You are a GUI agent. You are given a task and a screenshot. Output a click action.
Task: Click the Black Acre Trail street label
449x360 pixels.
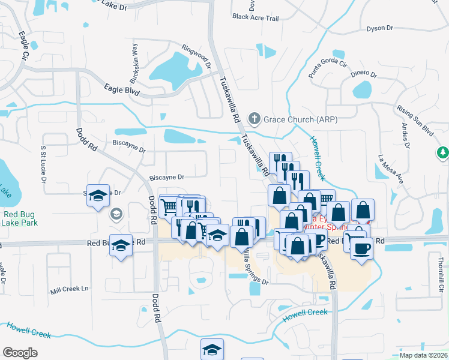(256, 18)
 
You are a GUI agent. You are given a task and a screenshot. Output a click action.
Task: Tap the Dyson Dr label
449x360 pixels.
(379, 28)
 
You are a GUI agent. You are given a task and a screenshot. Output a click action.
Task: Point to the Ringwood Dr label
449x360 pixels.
(197, 56)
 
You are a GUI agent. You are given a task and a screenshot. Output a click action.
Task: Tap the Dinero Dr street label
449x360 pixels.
(364, 74)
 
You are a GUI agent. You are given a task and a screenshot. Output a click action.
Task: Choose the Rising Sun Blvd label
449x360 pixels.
(415, 119)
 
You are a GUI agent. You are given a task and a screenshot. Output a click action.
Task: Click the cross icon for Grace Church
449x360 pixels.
(255, 119)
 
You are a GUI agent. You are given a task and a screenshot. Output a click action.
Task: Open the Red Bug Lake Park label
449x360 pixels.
(20, 218)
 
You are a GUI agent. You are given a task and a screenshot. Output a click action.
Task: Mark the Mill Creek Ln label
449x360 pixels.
(69, 289)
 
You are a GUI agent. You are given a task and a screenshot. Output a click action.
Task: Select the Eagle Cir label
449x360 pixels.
(25, 46)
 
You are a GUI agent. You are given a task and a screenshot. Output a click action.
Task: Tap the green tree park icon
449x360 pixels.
(443, 153)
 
